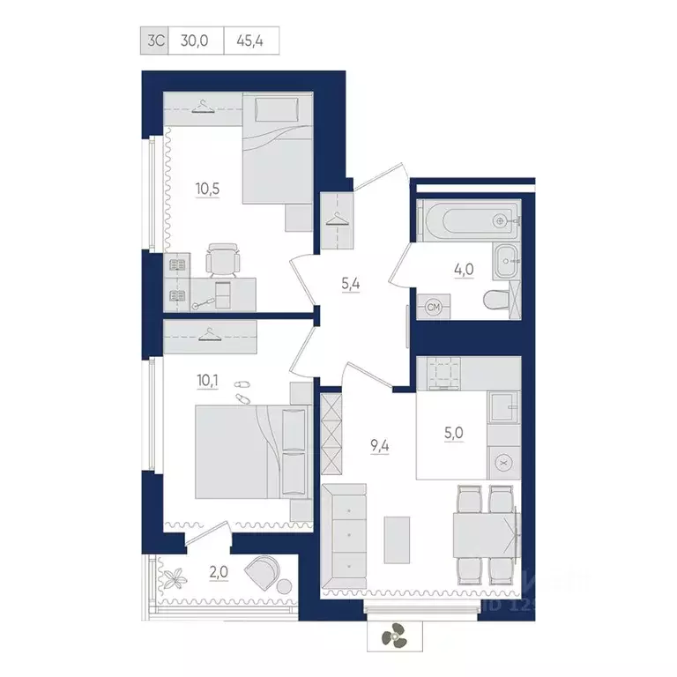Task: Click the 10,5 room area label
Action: (208, 187)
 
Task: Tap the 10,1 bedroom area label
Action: (208, 381)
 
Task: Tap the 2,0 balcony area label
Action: (219, 572)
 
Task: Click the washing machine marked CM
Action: (433, 307)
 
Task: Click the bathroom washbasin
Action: (505, 258)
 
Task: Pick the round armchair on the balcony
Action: (262, 573)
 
